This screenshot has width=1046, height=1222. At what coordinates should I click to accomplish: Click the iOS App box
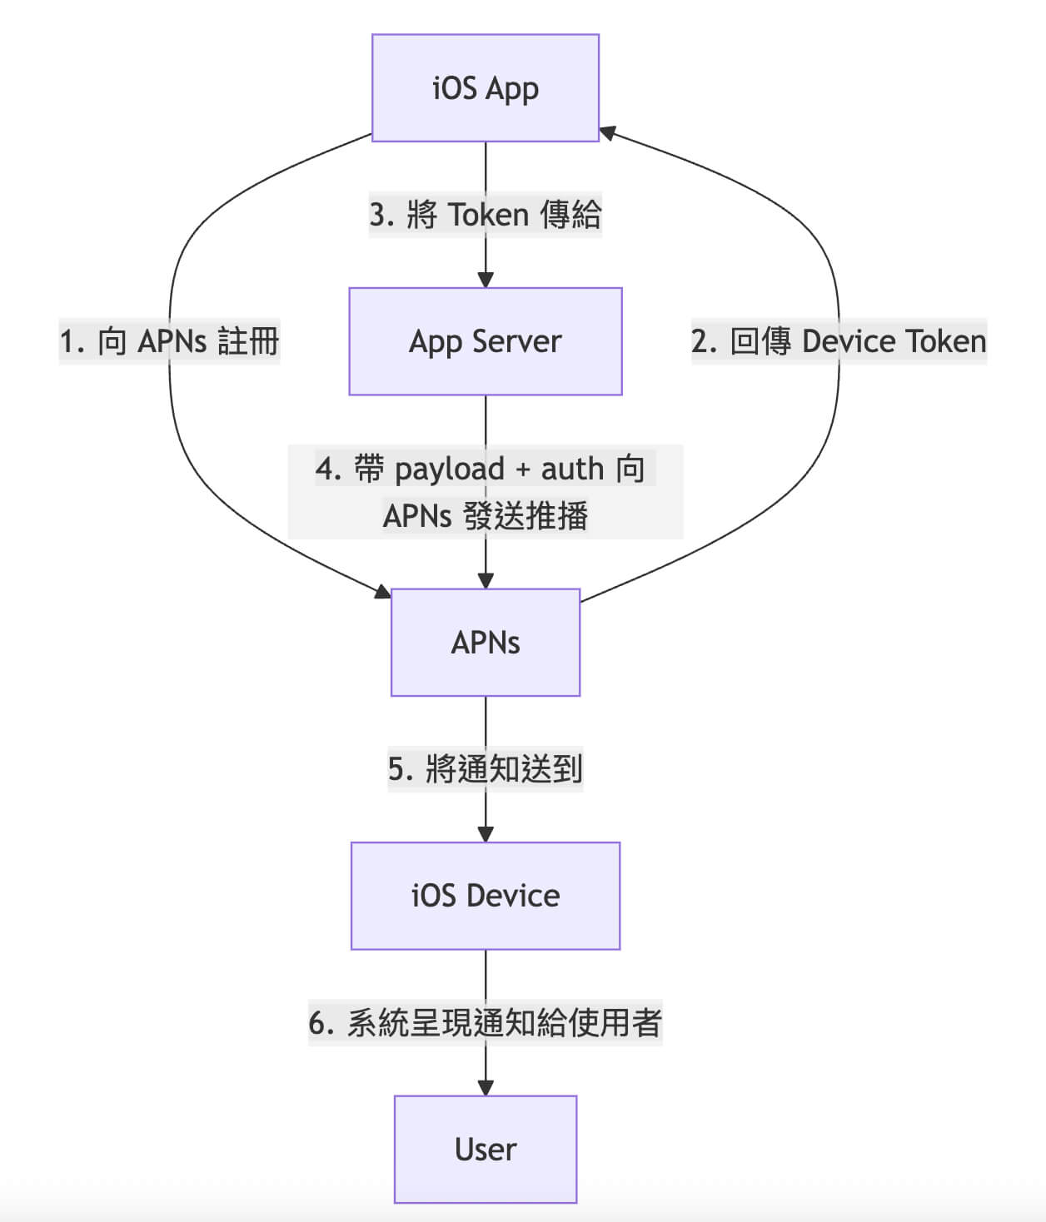(486, 88)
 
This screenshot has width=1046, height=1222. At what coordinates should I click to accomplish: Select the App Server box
(486, 341)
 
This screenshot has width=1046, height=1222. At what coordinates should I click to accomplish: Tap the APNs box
(486, 643)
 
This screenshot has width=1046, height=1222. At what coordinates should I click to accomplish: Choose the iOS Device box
(486, 896)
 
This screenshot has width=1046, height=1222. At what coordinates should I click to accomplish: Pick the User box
(486, 1150)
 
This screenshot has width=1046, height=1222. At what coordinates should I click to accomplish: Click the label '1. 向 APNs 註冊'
(169, 341)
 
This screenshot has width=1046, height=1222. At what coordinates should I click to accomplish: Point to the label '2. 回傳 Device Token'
(839, 341)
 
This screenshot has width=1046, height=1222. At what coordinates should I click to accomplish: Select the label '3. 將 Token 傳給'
(486, 215)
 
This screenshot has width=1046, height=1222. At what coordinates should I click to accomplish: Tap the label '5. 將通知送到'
(486, 768)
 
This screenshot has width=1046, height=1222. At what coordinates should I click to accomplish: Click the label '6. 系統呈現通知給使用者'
(486, 1022)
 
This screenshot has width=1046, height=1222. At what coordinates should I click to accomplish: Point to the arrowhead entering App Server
(486, 281)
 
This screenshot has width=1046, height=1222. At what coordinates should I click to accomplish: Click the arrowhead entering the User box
(486, 1088)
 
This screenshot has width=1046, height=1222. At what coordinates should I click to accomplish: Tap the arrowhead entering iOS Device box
(486, 835)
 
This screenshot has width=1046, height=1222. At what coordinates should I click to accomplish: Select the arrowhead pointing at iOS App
(607, 132)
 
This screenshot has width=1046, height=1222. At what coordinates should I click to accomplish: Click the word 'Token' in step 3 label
(489, 215)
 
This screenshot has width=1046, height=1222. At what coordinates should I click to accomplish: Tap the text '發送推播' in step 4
(526, 516)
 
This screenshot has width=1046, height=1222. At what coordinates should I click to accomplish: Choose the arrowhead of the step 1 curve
(383, 592)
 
